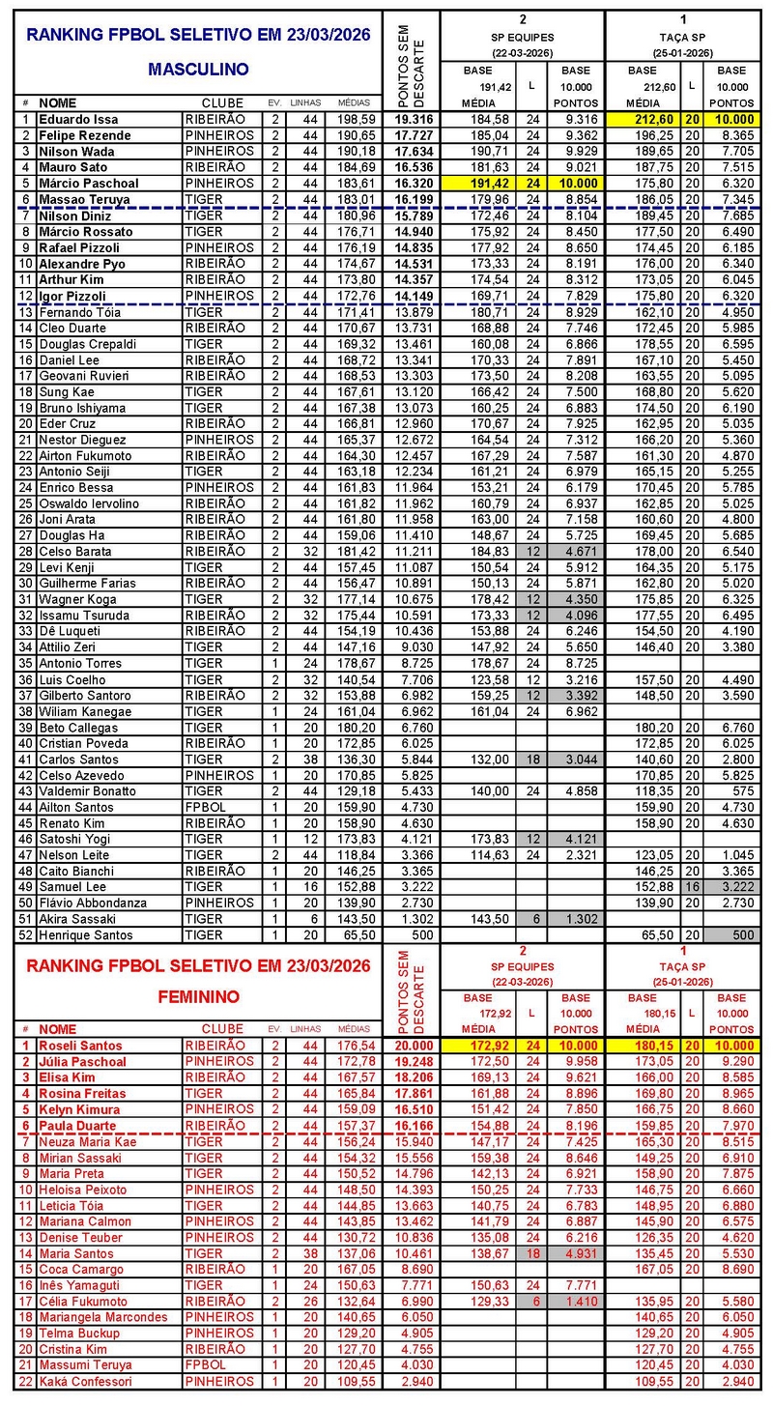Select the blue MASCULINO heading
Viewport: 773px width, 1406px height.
pyautogui.click(x=199, y=69)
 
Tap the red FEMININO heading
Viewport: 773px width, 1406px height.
pyautogui.click(x=199, y=995)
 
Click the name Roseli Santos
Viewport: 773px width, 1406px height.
pyautogui.click(x=80, y=1046)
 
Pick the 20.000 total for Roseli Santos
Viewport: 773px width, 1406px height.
pyautogui.click(x=413, y=1046)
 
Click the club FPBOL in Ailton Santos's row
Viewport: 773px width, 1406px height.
pyautogui.click(x=203, y=807)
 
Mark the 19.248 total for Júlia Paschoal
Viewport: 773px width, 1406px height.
pyautogui.click(x=413, y=1062)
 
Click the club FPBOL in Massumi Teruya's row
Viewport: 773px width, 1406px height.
pyautogui.click(x=203, y=1365)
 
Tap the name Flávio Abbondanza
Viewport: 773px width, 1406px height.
pyautogui.click(x=93, y=903)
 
